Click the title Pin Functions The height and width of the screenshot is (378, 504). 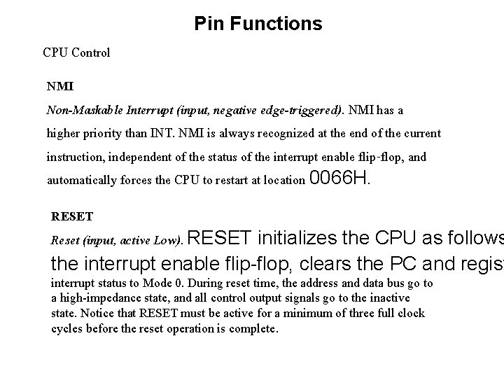[258, 24]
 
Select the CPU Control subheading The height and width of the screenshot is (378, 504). [76, 52]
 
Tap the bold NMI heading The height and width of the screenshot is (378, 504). [60, 87]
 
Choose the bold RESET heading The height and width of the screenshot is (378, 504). [72, 216]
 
